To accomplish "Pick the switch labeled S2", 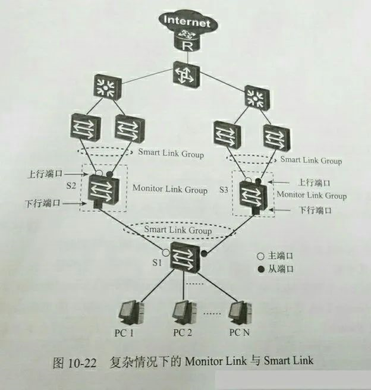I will [104, 189].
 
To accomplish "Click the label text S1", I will [156, 260].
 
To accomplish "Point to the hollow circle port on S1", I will [165, 252].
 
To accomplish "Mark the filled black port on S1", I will [204, 254].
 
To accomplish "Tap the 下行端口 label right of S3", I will [314, 210].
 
